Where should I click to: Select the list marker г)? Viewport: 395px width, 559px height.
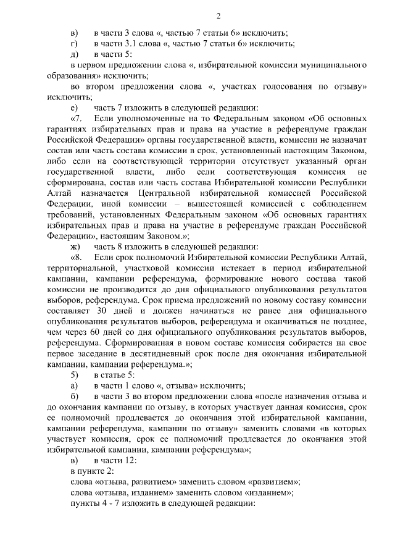74,43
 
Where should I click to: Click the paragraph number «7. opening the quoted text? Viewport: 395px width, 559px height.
78,117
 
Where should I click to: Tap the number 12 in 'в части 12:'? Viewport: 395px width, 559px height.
131,460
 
